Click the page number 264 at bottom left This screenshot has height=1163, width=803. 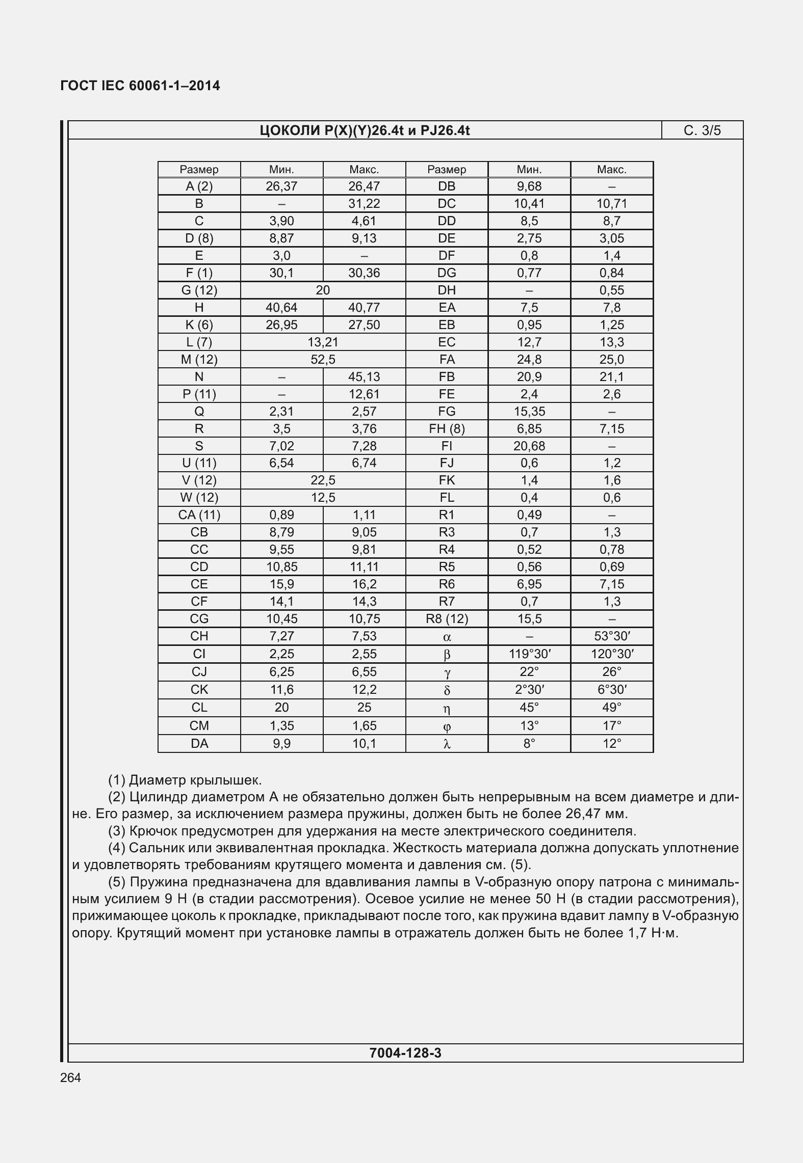pos(70,1077)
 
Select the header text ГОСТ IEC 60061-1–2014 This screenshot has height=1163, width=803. pos(140,86)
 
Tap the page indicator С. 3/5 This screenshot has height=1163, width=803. pos(702,130)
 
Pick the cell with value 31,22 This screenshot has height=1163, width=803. pos(364,204)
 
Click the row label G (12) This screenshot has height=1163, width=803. pos(199,290)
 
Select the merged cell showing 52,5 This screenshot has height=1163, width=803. pos(323,360)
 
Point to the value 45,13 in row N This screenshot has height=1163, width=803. pos(364,377)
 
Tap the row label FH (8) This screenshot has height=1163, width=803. pos(447,429)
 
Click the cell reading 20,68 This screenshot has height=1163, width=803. pos(529,446)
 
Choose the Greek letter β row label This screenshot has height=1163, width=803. pos(447,655)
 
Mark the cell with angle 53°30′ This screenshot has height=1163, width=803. pos(612,636)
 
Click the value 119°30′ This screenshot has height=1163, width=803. pos(529,654)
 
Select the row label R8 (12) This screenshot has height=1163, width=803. pos(447,619)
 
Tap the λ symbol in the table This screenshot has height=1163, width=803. pos(447,744)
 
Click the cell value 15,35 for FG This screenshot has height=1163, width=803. pos(529,412)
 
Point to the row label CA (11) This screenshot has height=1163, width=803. pos(199,515)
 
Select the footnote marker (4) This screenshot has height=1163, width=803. pos(117,848)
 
